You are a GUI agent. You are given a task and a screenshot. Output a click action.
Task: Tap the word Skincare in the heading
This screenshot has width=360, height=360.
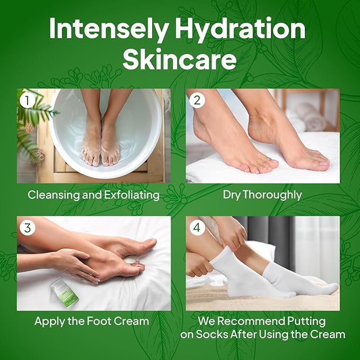coord(180,59)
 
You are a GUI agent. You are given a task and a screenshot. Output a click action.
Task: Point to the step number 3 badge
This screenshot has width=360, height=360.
coord(26,227)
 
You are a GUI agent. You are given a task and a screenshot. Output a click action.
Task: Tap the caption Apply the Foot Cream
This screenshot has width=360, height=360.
coord(92,321)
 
